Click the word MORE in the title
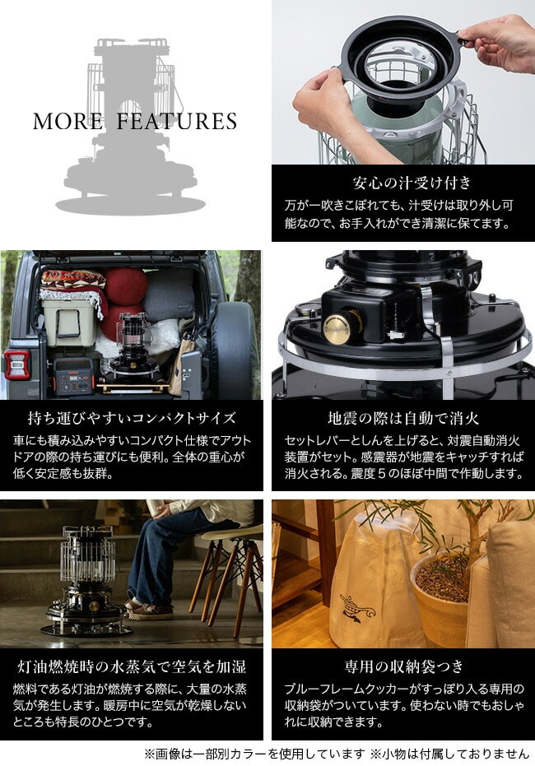68,121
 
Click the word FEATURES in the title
177,121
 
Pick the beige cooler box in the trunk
69,323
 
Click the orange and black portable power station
73,376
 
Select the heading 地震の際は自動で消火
403,418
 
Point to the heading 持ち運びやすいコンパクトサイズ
132,418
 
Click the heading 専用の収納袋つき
403,666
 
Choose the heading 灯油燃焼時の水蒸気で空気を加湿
132,666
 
